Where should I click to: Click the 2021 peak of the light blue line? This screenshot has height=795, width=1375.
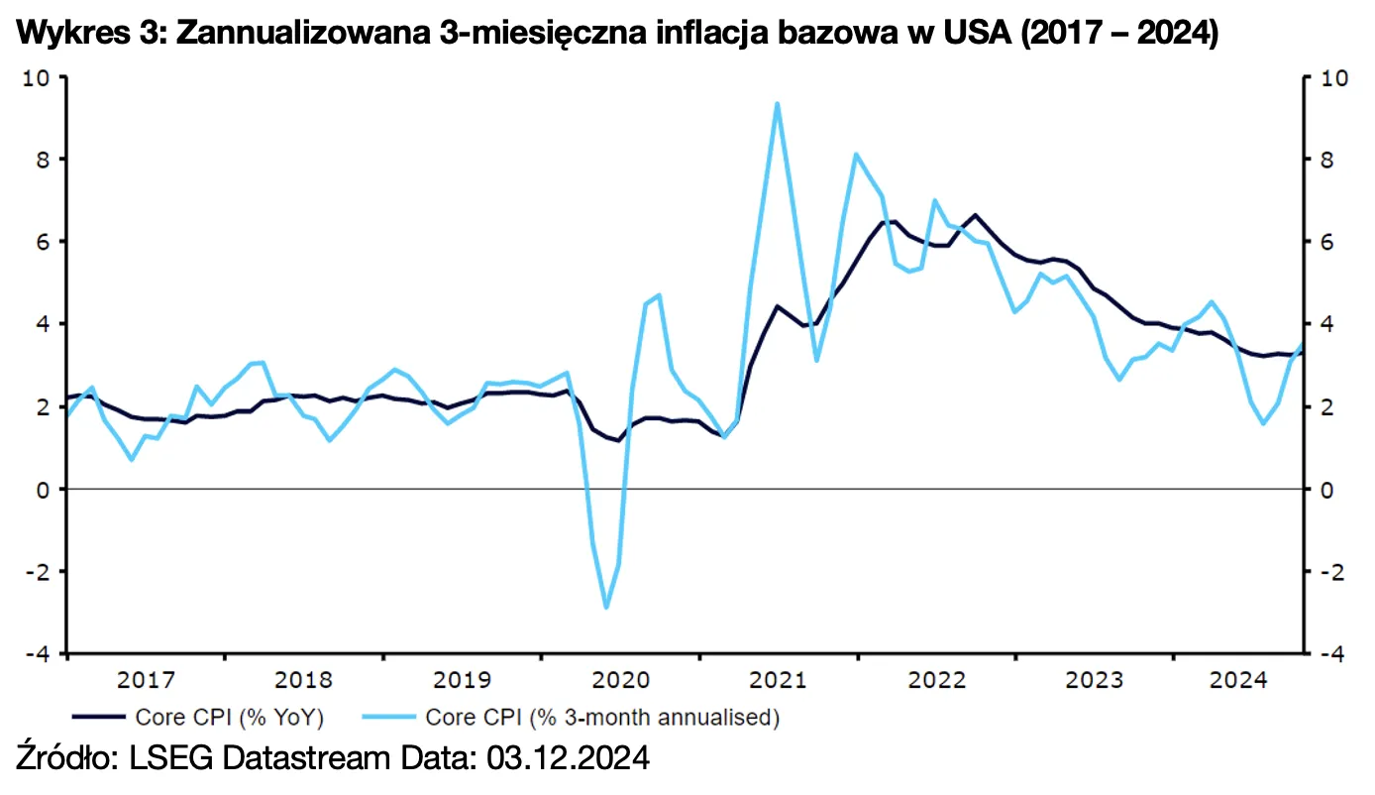pyautogui.click(x=778, y=103)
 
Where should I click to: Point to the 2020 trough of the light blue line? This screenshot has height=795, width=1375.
pyautogui.click(x=606, y=608)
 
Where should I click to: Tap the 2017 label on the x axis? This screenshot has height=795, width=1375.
pyautogui.click(x=146, y=681)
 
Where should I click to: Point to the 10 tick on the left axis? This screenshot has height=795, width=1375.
pyautogui.click(x=37, y=78)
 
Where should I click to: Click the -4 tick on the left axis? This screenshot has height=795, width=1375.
pyautogui.click(x=37, y=654)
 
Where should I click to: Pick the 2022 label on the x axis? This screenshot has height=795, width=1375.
pyautogui.click(x=936, y=681)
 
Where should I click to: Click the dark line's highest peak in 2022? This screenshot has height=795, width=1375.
pyautogui.click(x=976, y=214)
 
